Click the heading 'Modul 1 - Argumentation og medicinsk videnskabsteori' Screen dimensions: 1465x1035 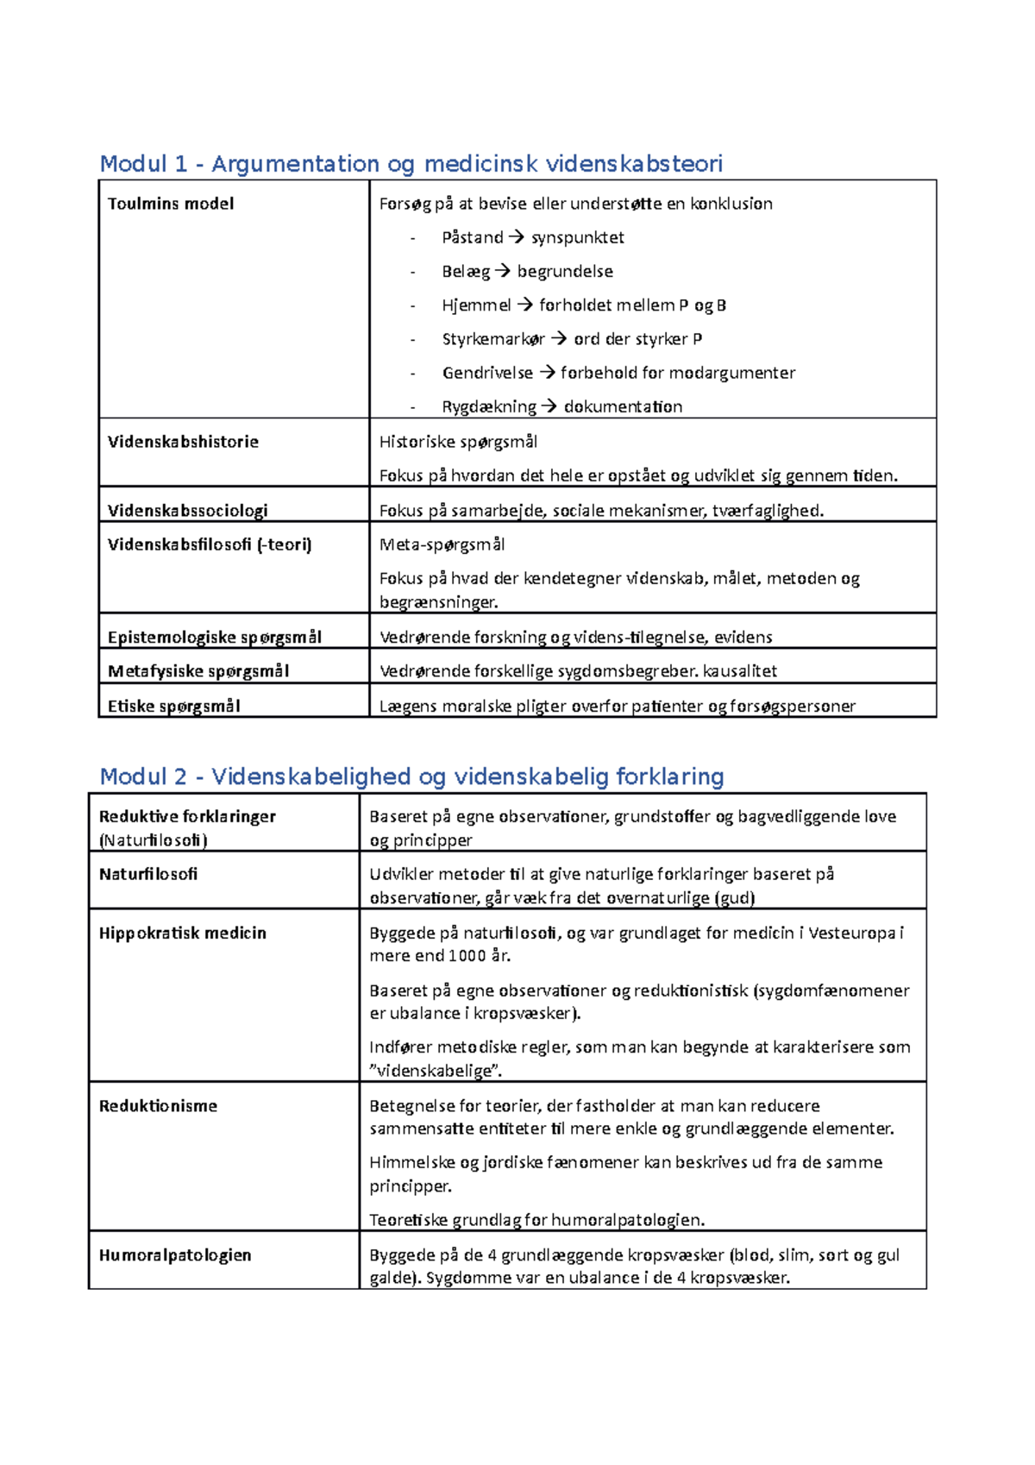411,163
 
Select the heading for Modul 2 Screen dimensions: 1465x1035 411,777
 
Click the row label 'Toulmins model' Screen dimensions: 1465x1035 171,204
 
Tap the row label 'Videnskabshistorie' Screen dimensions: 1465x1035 183,442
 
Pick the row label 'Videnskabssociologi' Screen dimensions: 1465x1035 187,510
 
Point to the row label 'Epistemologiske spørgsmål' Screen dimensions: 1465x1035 214,637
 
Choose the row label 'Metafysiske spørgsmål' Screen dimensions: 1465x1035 198,671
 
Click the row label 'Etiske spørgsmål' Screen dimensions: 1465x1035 173,706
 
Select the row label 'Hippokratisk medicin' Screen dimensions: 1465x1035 182,933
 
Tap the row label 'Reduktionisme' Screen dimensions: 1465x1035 158,1106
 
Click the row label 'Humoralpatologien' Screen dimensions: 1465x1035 175,1255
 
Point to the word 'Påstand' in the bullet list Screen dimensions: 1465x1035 472,237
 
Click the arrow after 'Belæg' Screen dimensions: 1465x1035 503,271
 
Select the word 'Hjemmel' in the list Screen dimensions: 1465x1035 476,305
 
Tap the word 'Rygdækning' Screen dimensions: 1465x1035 489,406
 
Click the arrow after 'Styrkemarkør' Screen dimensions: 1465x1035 559,339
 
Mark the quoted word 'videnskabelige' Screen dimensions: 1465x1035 436,1071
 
